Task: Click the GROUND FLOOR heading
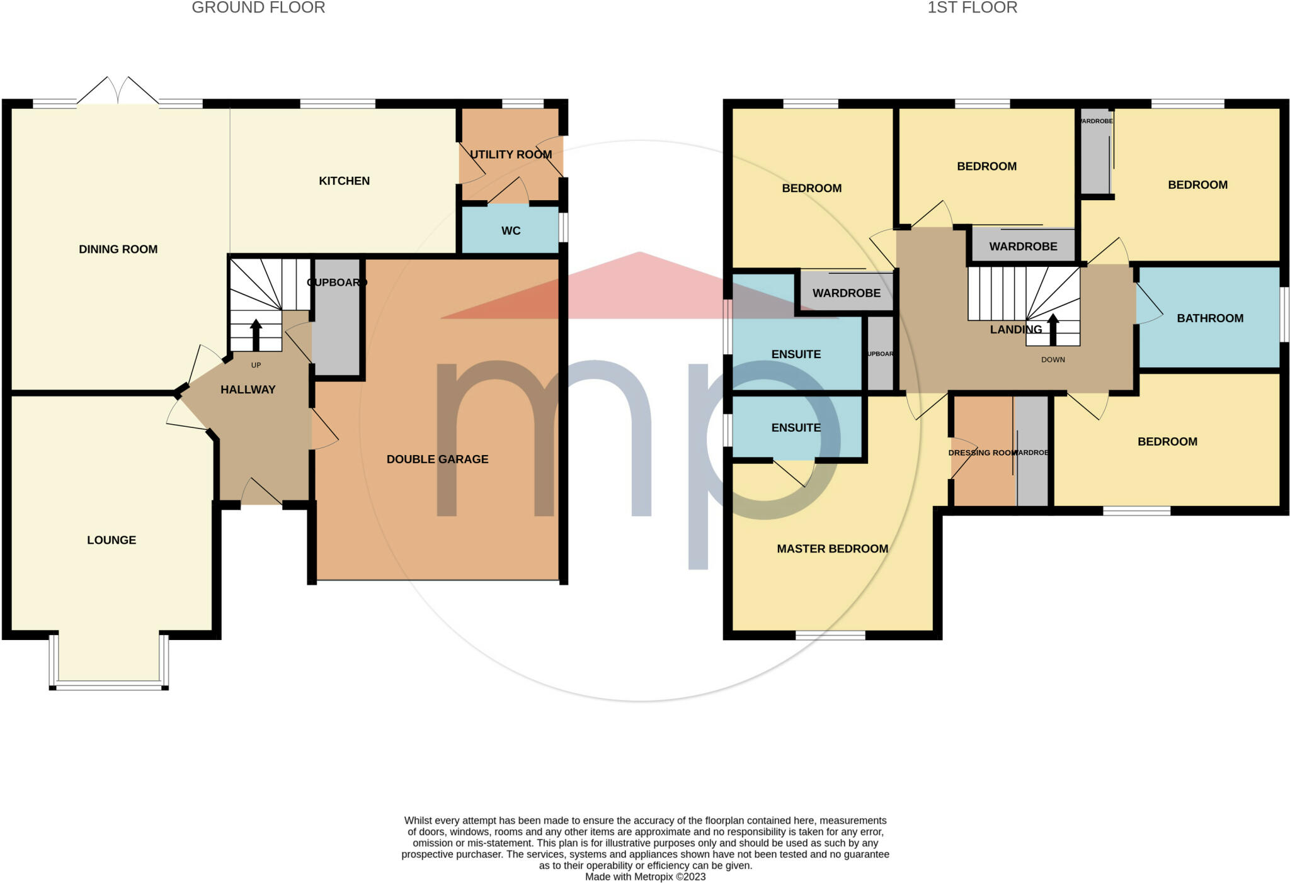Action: click(x=258, y=8)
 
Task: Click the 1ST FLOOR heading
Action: click(x=972, y=8)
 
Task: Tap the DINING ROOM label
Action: click(x=118, y=249)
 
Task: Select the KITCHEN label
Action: click(x=344, y=181)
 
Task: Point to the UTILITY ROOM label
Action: click(x=510, y=155)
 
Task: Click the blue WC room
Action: click(x=510, y=230)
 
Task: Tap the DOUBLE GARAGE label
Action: click(x=437, y=459)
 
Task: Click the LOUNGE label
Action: click(x=111, y=540)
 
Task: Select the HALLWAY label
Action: click(x=248, y=390)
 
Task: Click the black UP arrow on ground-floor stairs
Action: click(x=256, y=334)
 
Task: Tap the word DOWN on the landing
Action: click(x=1053, y=360)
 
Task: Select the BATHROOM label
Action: click(x=1209, y=318)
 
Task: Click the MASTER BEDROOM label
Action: click(x=832, y=549)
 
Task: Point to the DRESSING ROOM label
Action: click(x=981, y=453)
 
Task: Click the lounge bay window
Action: click(x=109, y=685)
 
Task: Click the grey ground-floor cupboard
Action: click(x=336, y=327)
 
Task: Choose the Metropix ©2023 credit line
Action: click(x=645, y=877)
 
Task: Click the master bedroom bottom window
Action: click(x=830, y=635)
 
